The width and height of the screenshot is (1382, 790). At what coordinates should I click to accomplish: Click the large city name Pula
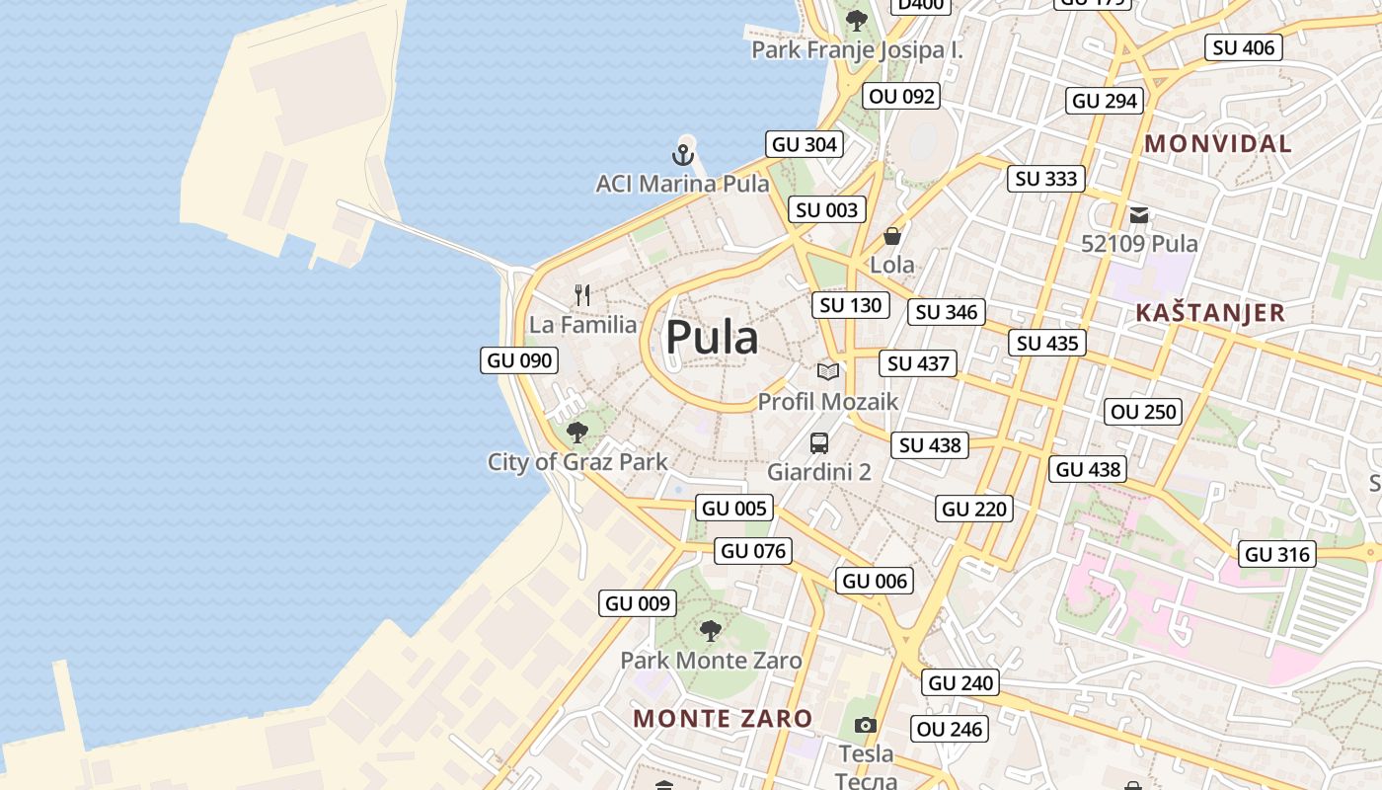712,338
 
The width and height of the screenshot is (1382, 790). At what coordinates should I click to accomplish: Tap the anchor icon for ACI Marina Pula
682,155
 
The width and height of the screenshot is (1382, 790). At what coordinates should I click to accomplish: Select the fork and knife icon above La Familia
582,294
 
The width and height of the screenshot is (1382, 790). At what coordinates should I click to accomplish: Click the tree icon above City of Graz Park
577,433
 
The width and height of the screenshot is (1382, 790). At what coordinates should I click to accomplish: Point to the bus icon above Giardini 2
819,443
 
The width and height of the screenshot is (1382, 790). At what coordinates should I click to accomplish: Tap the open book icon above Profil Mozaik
828,372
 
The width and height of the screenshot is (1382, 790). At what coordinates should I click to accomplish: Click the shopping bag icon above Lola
891,236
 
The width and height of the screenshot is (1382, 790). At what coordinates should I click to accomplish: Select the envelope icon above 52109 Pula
1139,214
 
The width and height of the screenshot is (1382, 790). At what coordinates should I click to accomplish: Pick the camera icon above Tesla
866,726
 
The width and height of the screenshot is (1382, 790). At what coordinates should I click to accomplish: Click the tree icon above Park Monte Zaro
710,631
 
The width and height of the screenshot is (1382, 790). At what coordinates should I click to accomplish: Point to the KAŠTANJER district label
1210,313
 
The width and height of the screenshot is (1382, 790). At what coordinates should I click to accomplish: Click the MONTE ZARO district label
723,719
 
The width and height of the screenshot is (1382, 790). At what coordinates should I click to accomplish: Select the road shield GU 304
805,144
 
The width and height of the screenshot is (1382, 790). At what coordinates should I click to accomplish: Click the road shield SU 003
827,209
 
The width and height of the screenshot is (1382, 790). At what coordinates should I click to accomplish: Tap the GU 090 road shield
520,360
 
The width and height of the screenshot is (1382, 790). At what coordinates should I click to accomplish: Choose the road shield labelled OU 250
1144,412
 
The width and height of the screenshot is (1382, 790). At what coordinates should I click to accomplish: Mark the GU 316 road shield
1278,554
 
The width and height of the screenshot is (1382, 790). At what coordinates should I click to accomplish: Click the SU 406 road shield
1244,47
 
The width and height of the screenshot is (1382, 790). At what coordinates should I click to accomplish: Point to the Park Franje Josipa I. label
857,50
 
